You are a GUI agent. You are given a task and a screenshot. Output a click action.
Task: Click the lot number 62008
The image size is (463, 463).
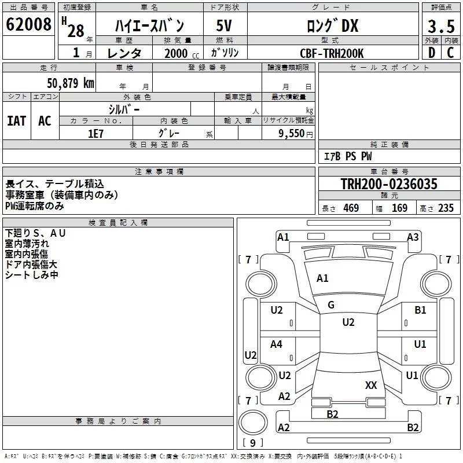coord(28,25)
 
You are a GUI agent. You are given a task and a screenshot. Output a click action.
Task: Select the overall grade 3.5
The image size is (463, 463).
coord(440,27)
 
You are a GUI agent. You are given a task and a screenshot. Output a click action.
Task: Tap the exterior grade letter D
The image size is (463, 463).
coord(431,53)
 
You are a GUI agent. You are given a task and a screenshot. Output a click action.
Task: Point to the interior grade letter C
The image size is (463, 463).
coord(450,53)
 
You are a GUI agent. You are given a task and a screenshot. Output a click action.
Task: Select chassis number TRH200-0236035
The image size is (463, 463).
coord(388,185)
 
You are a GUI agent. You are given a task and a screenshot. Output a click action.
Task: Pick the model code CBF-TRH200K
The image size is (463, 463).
coord(332,53)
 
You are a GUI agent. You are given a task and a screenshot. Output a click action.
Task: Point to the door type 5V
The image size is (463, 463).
coord(225,26)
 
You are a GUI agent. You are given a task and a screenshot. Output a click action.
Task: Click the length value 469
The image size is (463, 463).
coord(351,208)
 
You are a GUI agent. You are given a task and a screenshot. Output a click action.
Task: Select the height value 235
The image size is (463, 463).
coord(445,208)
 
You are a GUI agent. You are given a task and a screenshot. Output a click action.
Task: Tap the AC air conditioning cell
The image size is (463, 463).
coord(45,121)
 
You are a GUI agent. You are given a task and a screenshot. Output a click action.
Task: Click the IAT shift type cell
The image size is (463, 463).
coord(17,121)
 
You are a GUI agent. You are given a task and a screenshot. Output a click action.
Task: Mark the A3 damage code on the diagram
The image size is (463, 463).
coord(413,237)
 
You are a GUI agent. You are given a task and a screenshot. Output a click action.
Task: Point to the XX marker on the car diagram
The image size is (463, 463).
coord(372,385)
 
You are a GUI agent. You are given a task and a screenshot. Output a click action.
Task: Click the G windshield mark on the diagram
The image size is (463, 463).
coord(331,305)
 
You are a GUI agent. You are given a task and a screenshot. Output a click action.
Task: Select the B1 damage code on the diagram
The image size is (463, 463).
coord(420,310)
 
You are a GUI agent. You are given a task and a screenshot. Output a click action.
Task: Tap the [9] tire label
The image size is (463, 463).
coord(252,443)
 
